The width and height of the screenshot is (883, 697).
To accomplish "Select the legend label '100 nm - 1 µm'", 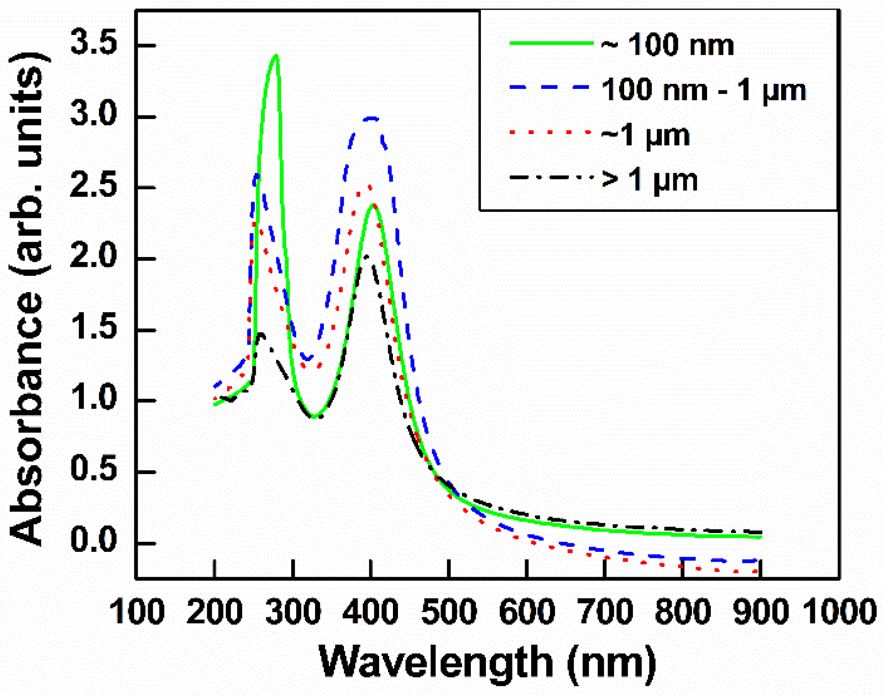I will pyautogui.click(x=703, y=89).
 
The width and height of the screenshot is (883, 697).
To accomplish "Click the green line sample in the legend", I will pyautogui.click(x=551, y=43).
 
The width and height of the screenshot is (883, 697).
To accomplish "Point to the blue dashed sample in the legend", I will pyautogui.click(x=551, y=87).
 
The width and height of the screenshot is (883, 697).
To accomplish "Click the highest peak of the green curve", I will pyautogui.click(x=276, y=56).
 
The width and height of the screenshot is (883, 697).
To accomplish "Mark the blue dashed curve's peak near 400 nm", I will pyautogui.click(x=371, y=118).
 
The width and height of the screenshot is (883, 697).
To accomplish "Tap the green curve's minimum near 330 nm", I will pyautogui.click(x=314, y=417).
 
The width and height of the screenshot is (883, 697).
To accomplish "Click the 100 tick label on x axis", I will pyautogui.click(x=137, y=611).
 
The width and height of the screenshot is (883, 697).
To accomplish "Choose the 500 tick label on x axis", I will pyautogui.click(x=449, y=611).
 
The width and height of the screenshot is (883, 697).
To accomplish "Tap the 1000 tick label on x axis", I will pyautogui.click(x=839, y=611).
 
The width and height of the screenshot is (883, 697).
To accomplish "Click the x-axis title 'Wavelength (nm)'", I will pyautogui.click(x=487, y=661).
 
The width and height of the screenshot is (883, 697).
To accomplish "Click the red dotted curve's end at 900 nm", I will pyautogui.click(x=758, y=571).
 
